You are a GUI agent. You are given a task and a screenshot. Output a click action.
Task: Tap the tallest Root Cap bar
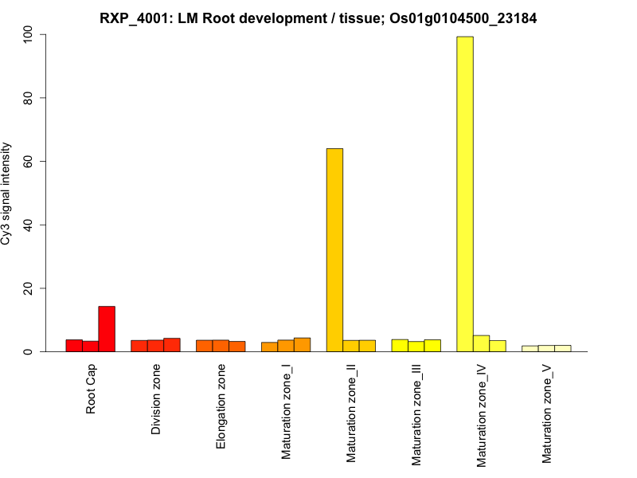click(x=107, y=328)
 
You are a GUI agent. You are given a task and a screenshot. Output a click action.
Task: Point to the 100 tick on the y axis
click(x=30, y=35)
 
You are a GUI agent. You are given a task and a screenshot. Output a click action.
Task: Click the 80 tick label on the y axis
click(x=30, y=98)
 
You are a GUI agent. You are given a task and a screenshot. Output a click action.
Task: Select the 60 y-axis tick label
click(x=30, y=161)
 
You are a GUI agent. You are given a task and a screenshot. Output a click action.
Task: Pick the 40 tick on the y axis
click(x=30, y=225)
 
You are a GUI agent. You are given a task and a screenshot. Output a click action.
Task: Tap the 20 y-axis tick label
click(x=30, y=288)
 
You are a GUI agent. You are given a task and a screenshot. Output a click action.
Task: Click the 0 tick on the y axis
click(x=30, y=351)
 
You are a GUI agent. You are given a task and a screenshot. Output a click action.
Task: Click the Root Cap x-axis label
click(x=92, y=390)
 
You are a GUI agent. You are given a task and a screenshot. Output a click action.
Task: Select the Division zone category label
click(x=157, y=400)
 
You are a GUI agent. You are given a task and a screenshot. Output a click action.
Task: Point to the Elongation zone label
click(x=221, y=406)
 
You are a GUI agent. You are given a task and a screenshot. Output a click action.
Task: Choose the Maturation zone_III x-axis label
click(x=416, y=413)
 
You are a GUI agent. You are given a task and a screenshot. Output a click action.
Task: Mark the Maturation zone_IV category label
click(x=482, y=413)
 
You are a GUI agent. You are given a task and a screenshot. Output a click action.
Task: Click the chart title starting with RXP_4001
click(x=318, y=18)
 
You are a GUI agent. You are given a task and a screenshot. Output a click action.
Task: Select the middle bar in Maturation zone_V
click(x=546, y=348)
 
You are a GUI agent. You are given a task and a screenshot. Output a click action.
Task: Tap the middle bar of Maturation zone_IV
click(x=481, y=343)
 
